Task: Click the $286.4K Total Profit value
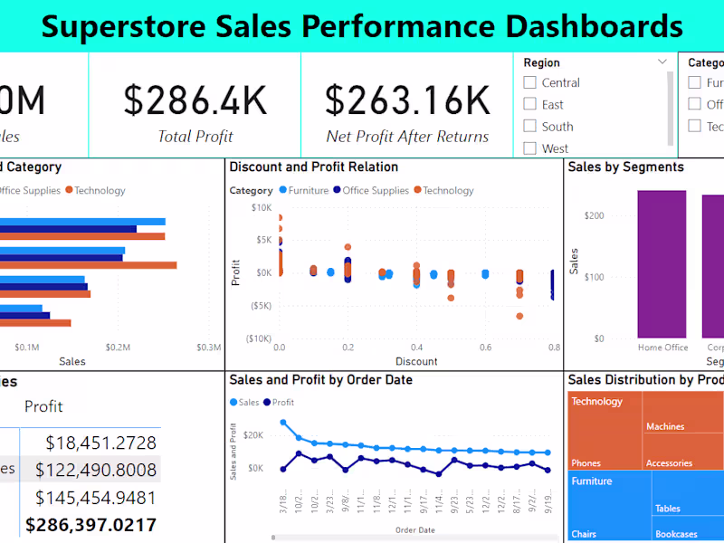coord(195,100)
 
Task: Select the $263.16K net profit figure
coord(407,100)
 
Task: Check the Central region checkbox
coord(530,82)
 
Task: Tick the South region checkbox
coord(530,127)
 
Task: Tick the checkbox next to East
coord(530,105)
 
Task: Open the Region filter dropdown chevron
coord(662,62)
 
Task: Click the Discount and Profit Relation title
coord(313,167)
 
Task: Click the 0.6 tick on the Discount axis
coord(485,348)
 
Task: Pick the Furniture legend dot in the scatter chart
coord(283,190)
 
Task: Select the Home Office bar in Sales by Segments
coord(662,263)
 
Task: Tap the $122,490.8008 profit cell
coord(95,470)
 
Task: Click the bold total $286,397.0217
coord(90,525)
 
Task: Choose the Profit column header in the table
coord(43,406)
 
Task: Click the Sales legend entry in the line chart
coord(244,402)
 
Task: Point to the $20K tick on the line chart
coord(252,435)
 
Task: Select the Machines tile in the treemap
coord(665,426)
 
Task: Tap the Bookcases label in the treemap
coord(676,534)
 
